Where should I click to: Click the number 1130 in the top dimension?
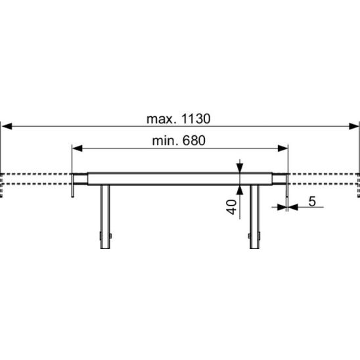(196, 119)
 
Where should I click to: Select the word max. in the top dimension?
(162, 120)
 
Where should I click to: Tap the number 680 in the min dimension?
(194, 141)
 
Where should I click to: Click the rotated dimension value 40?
(231, 207)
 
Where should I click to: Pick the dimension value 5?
(312, 202)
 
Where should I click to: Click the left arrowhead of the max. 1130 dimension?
(7, 126)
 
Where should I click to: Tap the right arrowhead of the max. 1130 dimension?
(353, 126)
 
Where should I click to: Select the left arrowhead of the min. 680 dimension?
(78, 148)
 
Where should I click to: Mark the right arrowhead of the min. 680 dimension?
(282, 148)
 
